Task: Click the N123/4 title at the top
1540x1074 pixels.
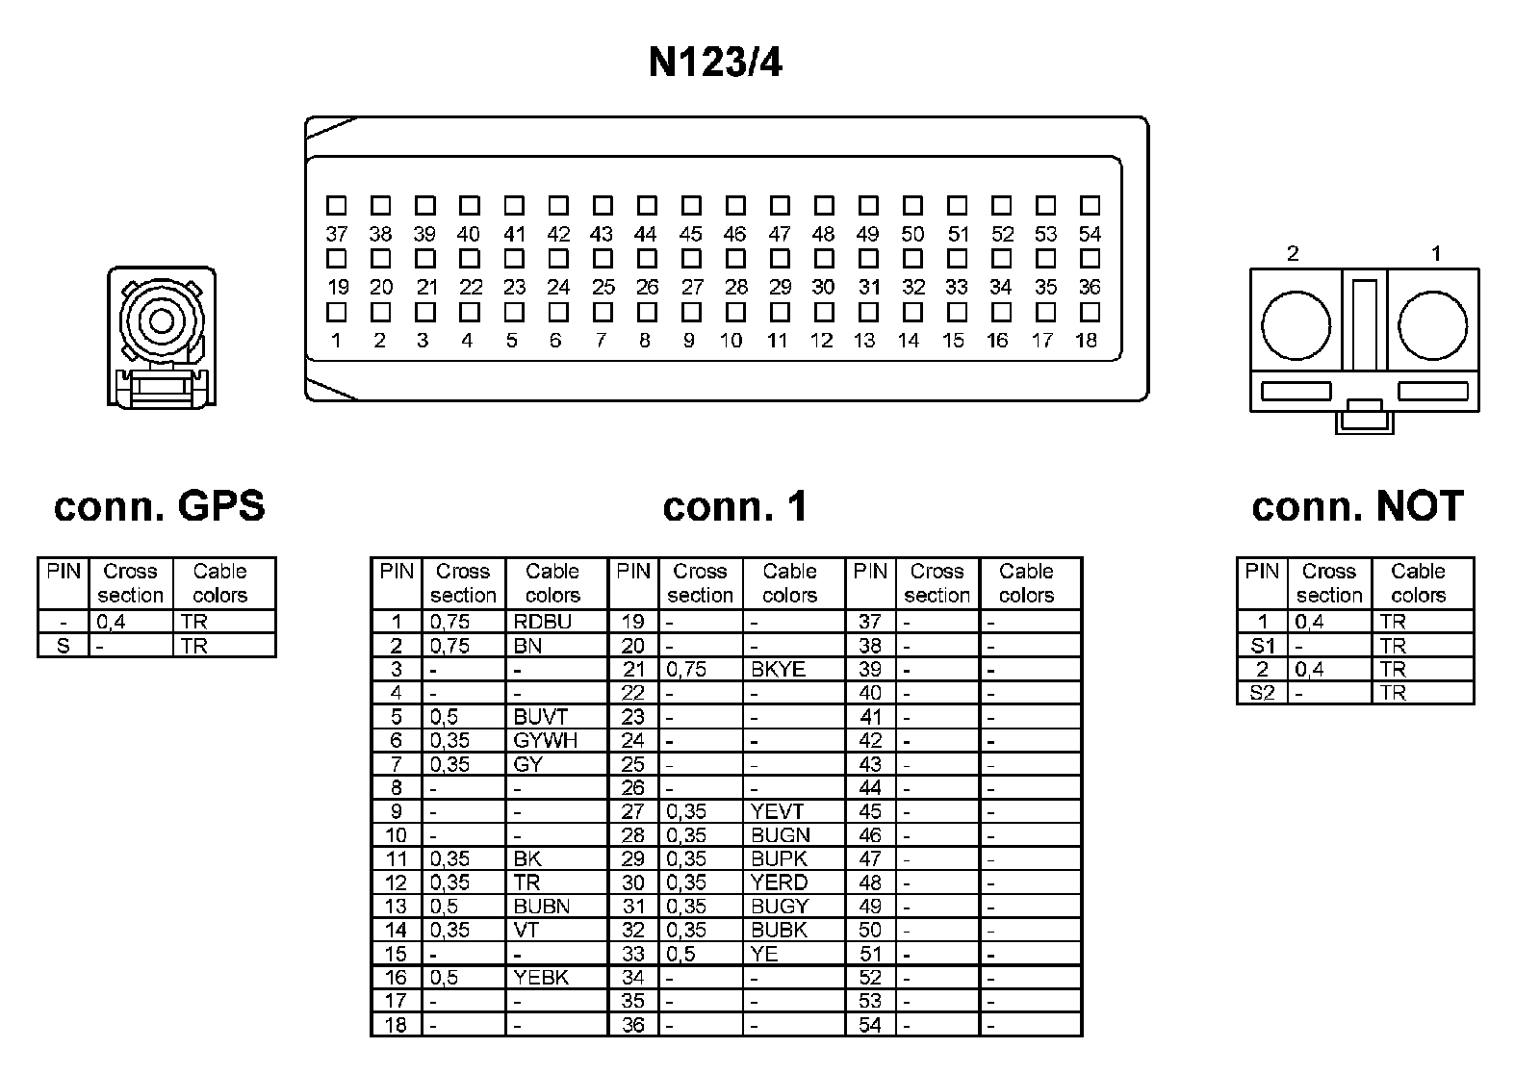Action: [715, 63]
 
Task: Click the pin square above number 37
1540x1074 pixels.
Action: [336, 205]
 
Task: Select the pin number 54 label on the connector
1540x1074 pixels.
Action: [1090, 234]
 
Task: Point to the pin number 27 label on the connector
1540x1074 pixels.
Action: [692, 287]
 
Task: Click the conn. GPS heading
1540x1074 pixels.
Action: [160, 506]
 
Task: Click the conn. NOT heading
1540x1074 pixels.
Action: [1357, 506]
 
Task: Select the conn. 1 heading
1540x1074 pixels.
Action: [735, 506]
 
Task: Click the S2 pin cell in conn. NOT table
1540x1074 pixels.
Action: [1262, 693]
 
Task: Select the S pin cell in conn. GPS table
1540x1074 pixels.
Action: [64, 646]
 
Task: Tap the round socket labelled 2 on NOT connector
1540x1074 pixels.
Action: [1296, 326]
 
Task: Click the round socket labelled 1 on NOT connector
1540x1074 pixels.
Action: [1432, 326]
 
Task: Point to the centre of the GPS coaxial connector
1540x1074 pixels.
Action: [161, 321]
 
